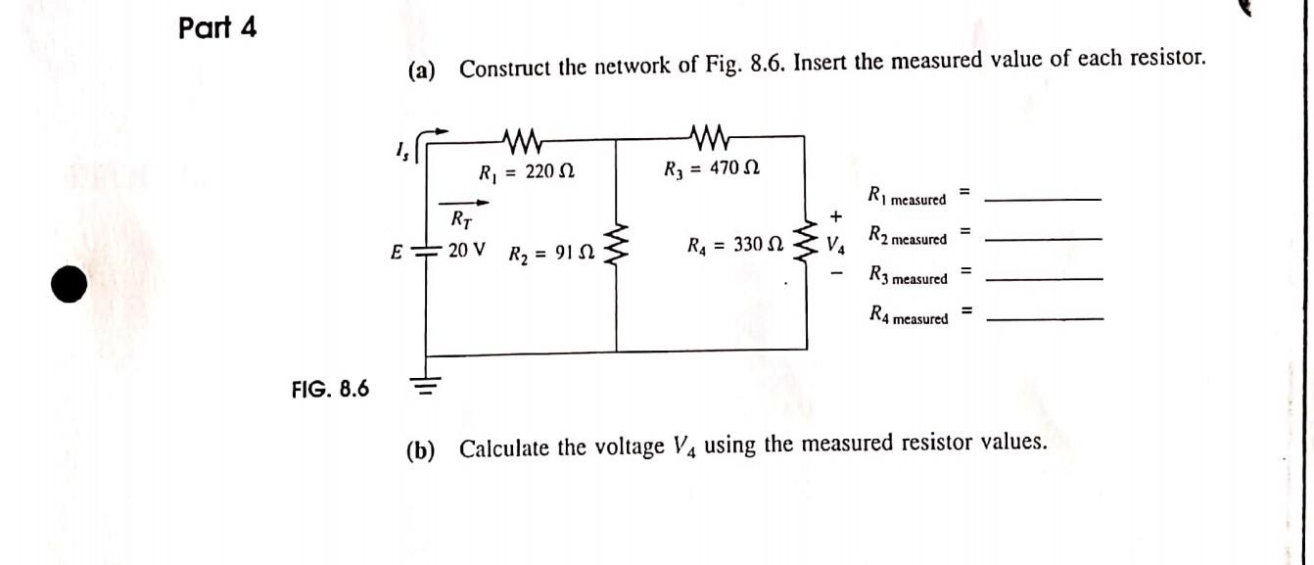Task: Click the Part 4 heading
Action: coord(217,28)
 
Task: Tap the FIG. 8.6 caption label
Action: coord(330,390)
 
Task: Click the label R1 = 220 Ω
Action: coord(526,172)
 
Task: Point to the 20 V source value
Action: coord(467,250)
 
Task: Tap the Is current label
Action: coord(402,149)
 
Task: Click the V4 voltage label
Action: coord(835,243)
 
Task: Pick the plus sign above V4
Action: coord(834,215)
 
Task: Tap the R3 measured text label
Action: coord(908,277)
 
